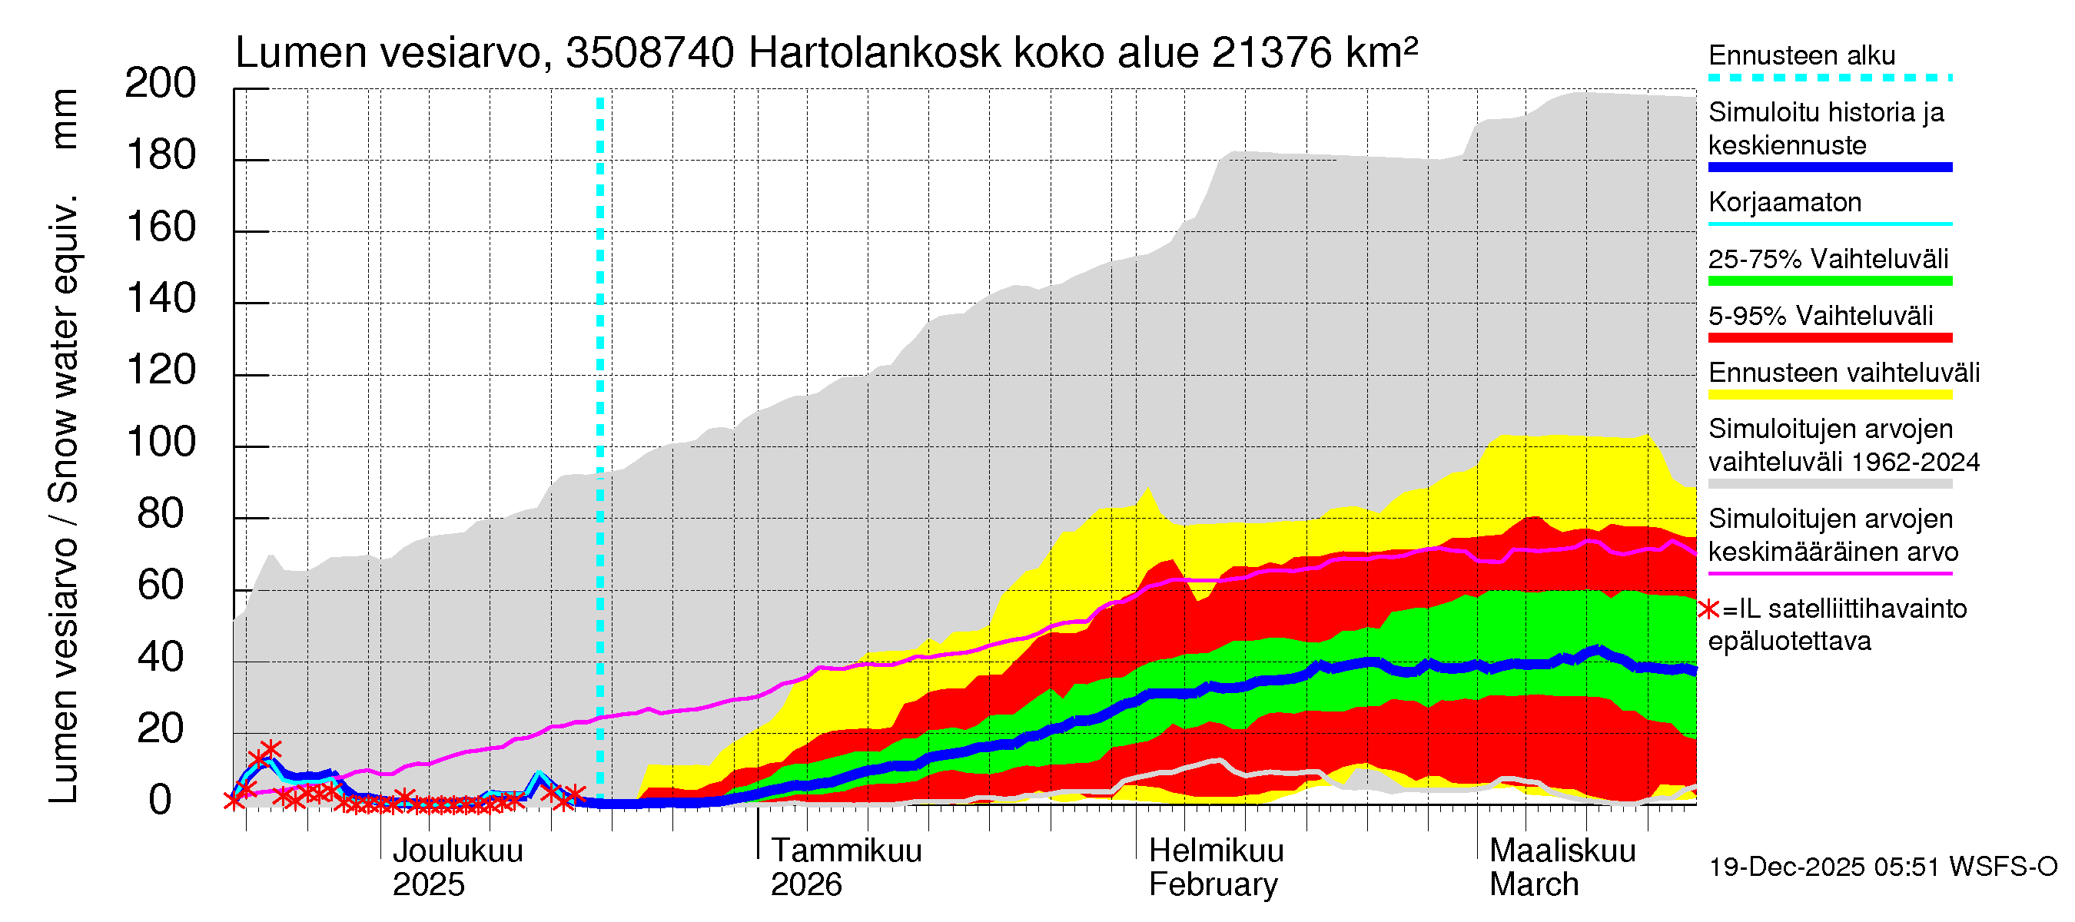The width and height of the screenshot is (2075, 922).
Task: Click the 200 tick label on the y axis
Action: pyautogui.click(x=160, y=84)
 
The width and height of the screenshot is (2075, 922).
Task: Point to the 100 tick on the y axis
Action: pyautogui.click(x=160, y=442)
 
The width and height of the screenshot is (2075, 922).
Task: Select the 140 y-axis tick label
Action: pyautogui.click(x=160, y=299)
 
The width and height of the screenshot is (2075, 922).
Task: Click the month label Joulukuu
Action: pyautogui.click(x=457, y=851)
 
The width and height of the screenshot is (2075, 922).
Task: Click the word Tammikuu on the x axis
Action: pyautogui.click(x=846, y=851)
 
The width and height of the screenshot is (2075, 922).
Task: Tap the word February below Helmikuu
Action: pyautogui.click(x=1212, y=884)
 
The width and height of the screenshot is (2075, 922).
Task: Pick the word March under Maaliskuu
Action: pyautogui.click(x=1534, y=884)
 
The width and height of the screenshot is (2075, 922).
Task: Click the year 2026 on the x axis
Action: pyautogui.click(x=805, y=884)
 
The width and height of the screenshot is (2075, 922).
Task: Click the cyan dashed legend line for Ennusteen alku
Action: pyautogui.click(x=1829, y=78)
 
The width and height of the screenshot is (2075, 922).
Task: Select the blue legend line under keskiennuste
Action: pyautogui.click(x=1829, y=167)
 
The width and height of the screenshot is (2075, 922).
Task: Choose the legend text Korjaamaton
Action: pyautogui.click(x=1784, y=202)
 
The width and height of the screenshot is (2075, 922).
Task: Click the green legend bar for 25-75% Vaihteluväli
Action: pyautogui.click(x=1829, y=281)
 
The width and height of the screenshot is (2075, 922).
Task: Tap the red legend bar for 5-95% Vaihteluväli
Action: pyautogui.click(x=1829, y=337)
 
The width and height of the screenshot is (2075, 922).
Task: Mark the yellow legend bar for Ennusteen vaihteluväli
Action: pyautogui.click(x=1829, y=395)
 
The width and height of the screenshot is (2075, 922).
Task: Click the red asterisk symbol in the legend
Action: pyautogui.click(x=1708, y=609)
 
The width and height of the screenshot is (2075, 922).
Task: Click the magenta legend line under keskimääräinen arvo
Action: pyautogui.click(x=1829, y=573)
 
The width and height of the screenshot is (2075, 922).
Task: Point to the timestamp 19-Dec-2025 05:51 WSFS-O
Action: pyautogui.click(x=1882, y=867)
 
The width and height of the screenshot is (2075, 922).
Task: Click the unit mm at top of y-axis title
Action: pyautogui.click(x=65, y=119)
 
